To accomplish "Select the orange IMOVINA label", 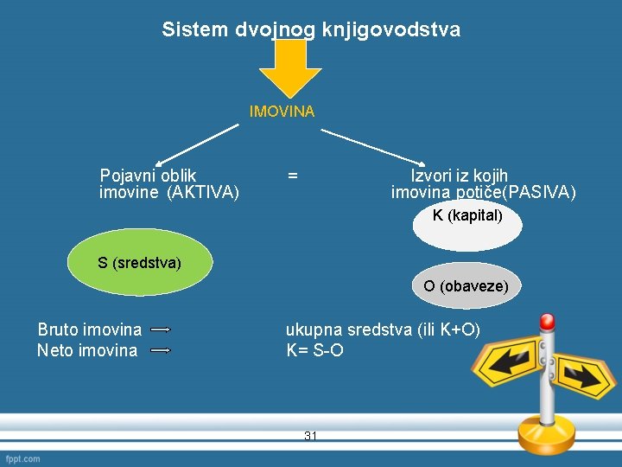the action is pos(282,112).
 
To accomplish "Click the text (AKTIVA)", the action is pos(203,192).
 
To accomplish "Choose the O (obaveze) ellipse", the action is pos(466,285).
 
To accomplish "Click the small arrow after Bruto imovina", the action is pos(161,329).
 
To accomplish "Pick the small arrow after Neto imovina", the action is pos(161,350).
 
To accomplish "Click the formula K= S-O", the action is pos(314,350).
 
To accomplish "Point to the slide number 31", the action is pos(311,436).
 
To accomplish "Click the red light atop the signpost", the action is pos(547,322).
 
